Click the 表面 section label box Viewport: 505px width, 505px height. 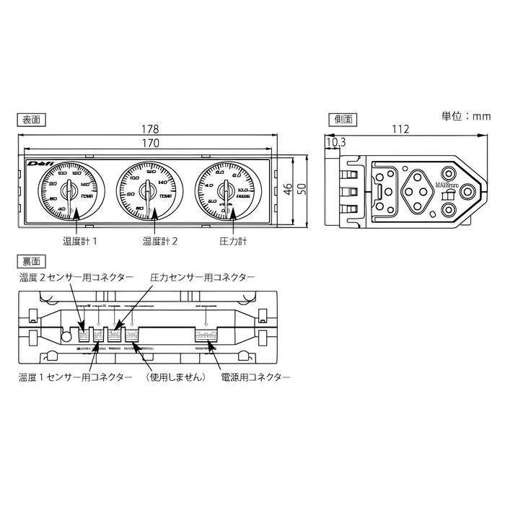tap(30, 118)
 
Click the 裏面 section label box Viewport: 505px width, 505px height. tap(30, 260)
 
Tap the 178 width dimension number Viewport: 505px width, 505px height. tap(150, 129)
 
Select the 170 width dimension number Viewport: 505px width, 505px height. tap(150, 143)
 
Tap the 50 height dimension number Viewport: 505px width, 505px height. tap(303, 189)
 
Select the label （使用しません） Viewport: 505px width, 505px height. tap(175, 377)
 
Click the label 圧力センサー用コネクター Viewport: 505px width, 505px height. tap(202, 276)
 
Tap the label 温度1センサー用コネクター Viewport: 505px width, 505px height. tap(75, 377)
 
